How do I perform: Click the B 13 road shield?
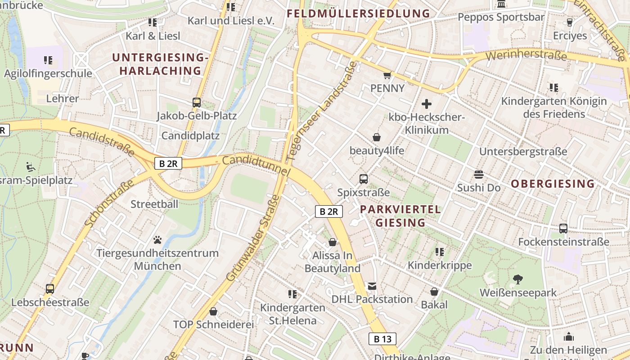[382, 339]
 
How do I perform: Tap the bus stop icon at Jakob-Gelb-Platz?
[197, 102]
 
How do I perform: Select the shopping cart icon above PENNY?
[387, 75]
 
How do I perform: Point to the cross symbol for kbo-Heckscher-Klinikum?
[426, 104]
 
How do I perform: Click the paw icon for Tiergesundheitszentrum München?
[157, 240]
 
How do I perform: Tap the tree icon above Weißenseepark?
[518, 279]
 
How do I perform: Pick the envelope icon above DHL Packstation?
[372, 286]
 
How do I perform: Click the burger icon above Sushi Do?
[478, 175]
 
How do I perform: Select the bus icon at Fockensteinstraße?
[563, 229]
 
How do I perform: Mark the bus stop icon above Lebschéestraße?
[50, 289]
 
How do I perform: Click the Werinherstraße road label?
[526, 56]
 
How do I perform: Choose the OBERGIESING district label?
[553, 184]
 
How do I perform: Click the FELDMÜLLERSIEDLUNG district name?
[358, 13]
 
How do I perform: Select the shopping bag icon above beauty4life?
[377, 137]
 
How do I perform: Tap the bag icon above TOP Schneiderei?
[213, 311]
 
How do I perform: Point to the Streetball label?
[154, 204]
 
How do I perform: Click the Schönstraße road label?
[109, 203]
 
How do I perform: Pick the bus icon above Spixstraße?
[364, 179]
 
